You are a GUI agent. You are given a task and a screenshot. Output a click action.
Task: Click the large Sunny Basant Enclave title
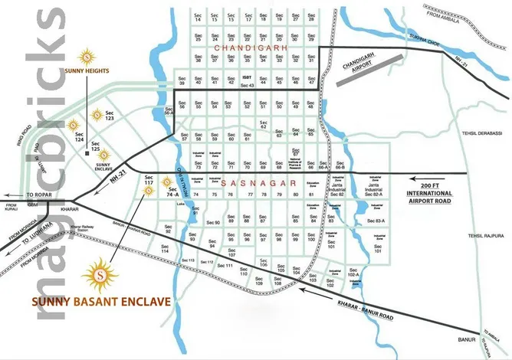coord(100,301)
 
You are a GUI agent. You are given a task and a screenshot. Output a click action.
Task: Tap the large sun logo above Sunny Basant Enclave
coord(100,273)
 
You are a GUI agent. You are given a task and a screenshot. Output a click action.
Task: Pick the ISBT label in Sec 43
coord(247,77)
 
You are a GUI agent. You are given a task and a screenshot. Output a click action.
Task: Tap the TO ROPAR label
coord(38,196)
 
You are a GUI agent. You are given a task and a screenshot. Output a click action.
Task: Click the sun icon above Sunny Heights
coord(88,54)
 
